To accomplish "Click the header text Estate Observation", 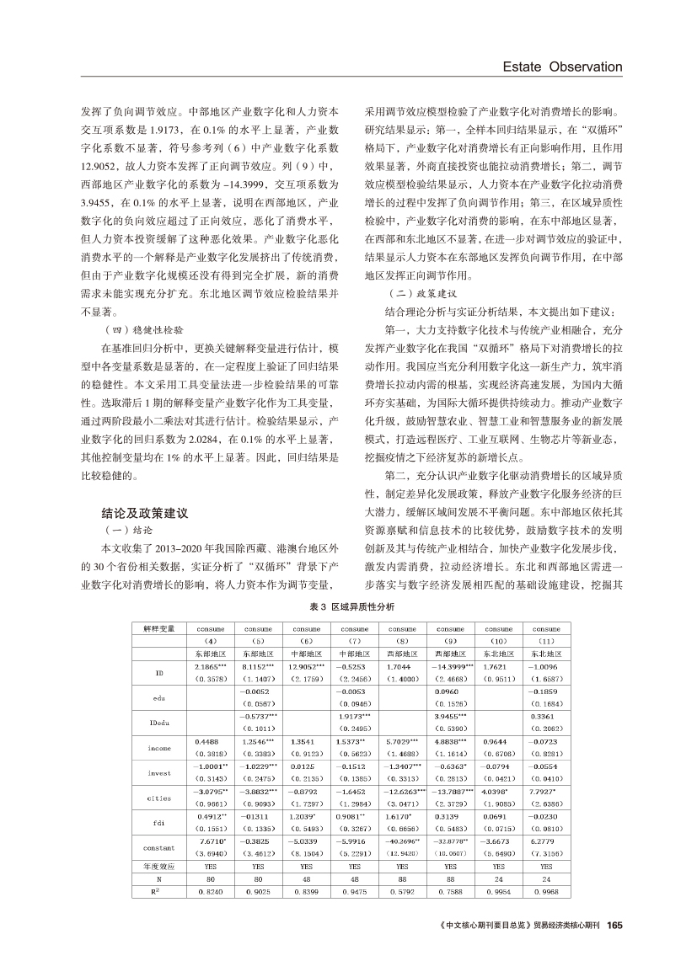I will point(561,67).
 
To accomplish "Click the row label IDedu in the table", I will point(158,723).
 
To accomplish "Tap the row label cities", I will point(158,796).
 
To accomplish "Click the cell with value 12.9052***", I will point(307,665).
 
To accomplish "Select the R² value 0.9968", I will point(546,889).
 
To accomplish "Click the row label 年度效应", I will point(158,865).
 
